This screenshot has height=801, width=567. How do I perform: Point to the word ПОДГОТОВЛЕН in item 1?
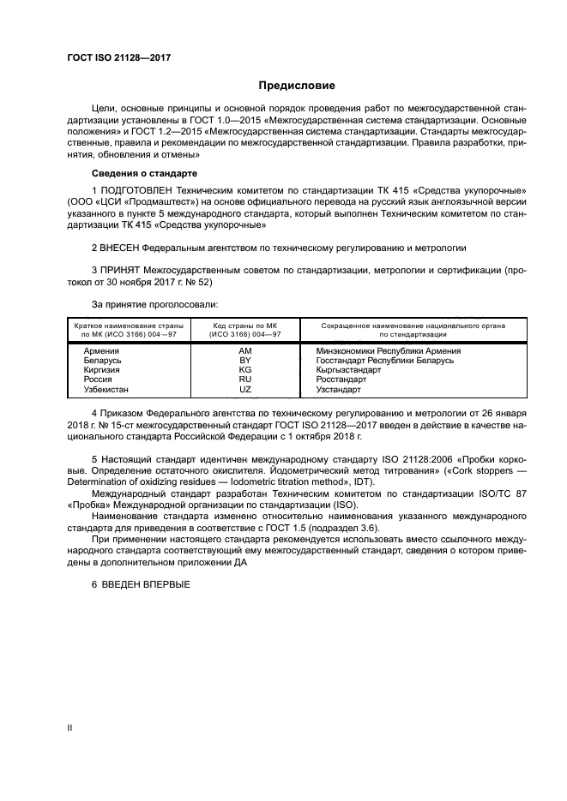coord(138,189)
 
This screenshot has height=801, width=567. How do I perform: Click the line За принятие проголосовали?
coord(154,303)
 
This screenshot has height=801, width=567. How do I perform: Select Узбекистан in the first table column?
coord(106,389)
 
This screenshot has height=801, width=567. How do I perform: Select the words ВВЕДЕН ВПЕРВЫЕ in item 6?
coord(148,584)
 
